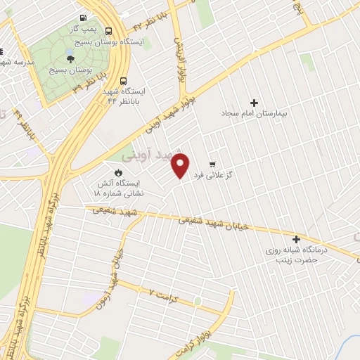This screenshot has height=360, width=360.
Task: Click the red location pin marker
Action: click(181, 165)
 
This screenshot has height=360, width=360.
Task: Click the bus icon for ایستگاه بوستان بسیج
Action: click(108, 31)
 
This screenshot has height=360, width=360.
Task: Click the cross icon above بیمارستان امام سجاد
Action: click(254, 103)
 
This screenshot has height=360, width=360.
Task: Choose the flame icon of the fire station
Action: click(117, 172)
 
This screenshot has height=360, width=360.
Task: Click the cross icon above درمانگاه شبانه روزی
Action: click(296, 239)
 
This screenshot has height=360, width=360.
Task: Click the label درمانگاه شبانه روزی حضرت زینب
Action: click(295, 255)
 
